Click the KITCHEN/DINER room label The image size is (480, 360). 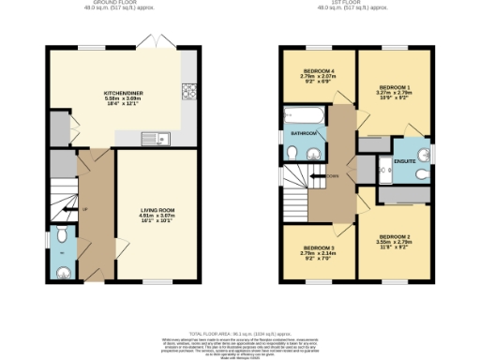(x=122, y=93)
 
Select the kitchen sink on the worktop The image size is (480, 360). (x=152, y=140)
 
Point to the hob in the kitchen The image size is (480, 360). (x=187, y=92)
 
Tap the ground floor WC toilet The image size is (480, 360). (x=62, y=271)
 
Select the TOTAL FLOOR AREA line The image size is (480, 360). (x=239, y=333)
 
